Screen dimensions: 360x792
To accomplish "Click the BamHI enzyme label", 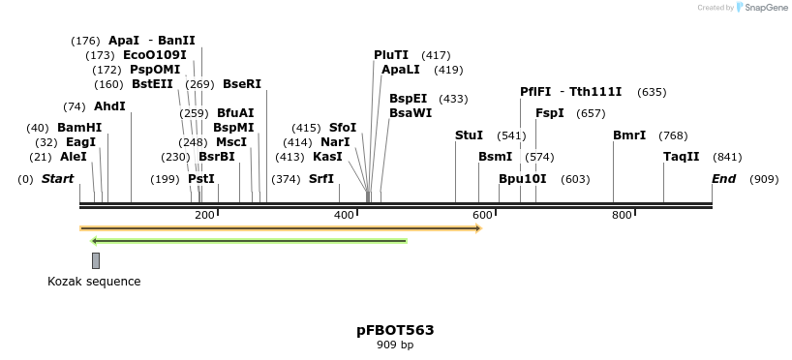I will click(78, 128).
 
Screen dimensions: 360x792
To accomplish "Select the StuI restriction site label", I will click(469, 135).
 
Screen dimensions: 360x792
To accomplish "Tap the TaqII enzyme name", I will click(681, 157).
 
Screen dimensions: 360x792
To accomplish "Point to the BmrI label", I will click(629, 135).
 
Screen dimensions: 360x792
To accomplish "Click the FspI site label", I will click(550, 113).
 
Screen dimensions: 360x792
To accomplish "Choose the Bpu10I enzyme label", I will click(523, 179).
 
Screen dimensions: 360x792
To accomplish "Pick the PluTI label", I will click(391, 55).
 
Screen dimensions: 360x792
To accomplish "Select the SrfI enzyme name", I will click(321, 179).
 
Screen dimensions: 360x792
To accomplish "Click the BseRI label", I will click(242, 84).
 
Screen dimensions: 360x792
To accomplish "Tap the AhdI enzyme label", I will click(109, 106).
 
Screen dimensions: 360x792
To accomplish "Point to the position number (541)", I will click(511, 135).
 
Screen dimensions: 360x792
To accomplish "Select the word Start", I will click(58, 179).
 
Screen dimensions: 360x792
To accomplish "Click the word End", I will click(724, 179).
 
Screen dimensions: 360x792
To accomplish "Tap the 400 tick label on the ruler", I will click(344, 215).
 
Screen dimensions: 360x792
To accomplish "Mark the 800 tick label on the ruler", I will click(622, 215).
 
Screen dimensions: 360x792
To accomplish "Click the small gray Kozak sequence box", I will click(96, 260).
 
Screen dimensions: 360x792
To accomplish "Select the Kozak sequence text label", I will click(94, 282).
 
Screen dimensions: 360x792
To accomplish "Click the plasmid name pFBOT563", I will click(395, 330).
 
